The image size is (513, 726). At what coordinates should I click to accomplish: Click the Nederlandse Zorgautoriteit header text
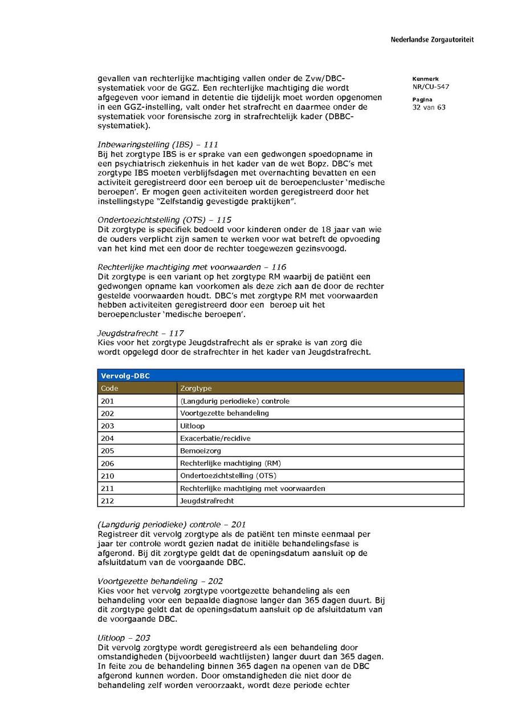[x=431, y=40]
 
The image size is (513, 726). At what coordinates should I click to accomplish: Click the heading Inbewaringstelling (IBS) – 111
[x=158, y=145]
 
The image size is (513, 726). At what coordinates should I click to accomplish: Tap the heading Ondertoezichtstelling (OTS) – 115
[x=165, y=220]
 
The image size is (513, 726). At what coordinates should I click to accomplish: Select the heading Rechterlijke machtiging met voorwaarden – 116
[x=192, y=267]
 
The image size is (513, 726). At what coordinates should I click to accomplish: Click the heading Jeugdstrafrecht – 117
[x=141, y=333]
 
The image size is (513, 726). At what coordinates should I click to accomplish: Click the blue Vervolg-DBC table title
[x=125, y=376]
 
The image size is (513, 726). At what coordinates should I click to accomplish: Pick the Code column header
[x=109, y=388]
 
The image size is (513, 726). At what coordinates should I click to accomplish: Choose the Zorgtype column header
[x=196, y=388]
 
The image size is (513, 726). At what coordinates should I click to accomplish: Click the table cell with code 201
[x=108, y=401]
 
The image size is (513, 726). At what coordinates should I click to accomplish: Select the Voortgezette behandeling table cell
[x=225, y=413]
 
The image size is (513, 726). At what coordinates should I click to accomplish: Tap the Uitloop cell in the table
[x=192, y=425]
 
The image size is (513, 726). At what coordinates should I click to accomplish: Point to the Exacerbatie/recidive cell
[x=215, y=439]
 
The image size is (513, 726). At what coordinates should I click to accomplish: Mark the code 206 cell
[x=108, y=463]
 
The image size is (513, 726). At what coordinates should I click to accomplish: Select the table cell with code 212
[x=108, y=501]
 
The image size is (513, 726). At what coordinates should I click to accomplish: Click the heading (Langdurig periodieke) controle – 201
[x=172, y=524]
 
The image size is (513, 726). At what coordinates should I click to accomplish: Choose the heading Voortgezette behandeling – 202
[x=160, y=581]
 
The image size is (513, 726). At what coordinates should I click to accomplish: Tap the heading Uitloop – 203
[x=124, y=638]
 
